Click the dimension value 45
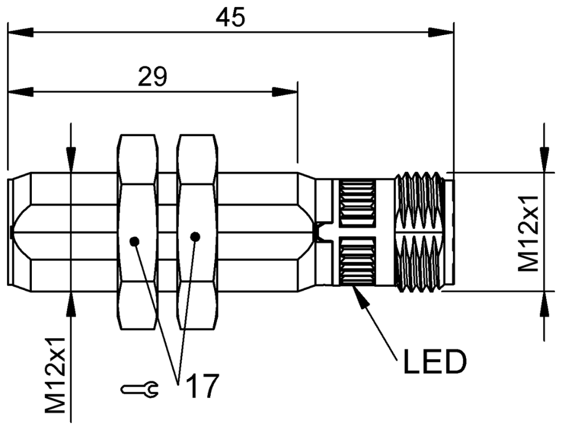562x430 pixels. tap(230, 18)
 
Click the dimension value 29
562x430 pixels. tap(152, 77)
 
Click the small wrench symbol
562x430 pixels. tap(140, 390)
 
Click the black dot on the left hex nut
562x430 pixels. tap(134, 241)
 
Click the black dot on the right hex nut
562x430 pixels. tap(195, 236)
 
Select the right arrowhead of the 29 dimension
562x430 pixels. tap(285, 91)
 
